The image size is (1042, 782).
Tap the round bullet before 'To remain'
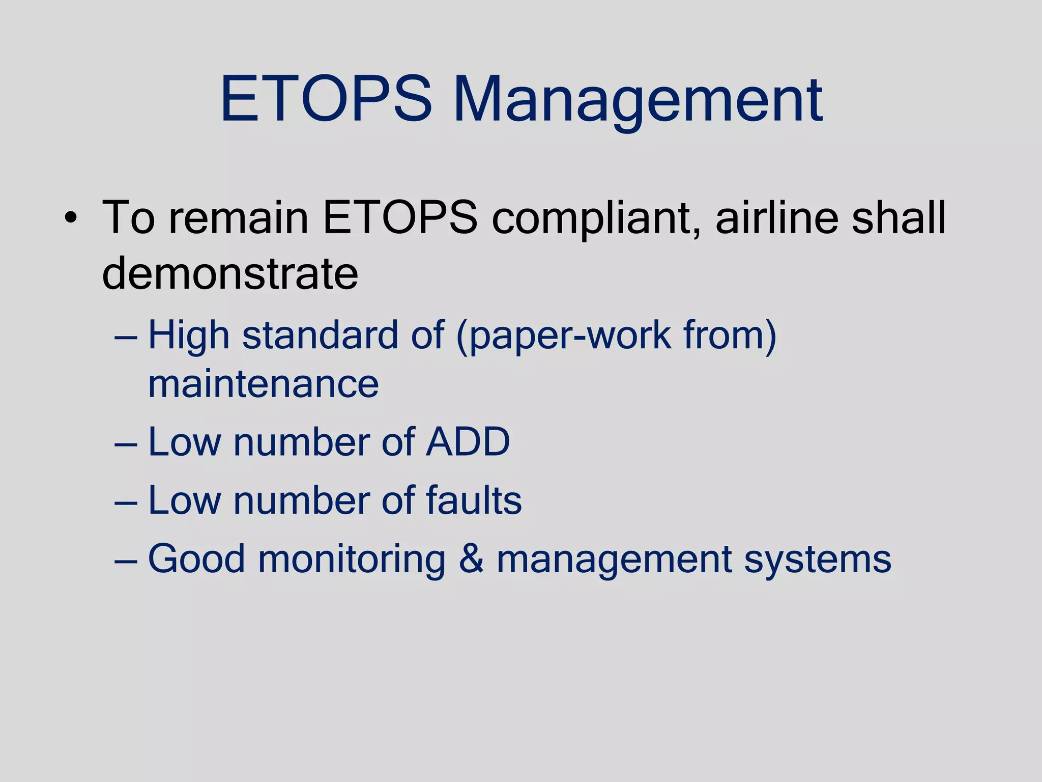[x=71, y=219]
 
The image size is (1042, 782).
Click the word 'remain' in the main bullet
[x=239, y=218]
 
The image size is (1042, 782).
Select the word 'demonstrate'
[x=230, y=273]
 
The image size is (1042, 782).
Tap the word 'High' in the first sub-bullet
[x=189, y=337]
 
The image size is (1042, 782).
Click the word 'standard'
[x=320, y=336]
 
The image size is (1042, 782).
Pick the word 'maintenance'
[x=263, y=384]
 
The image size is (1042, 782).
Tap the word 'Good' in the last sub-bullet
[x=196, y=559]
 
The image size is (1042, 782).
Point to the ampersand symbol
[x=471, y=559]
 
